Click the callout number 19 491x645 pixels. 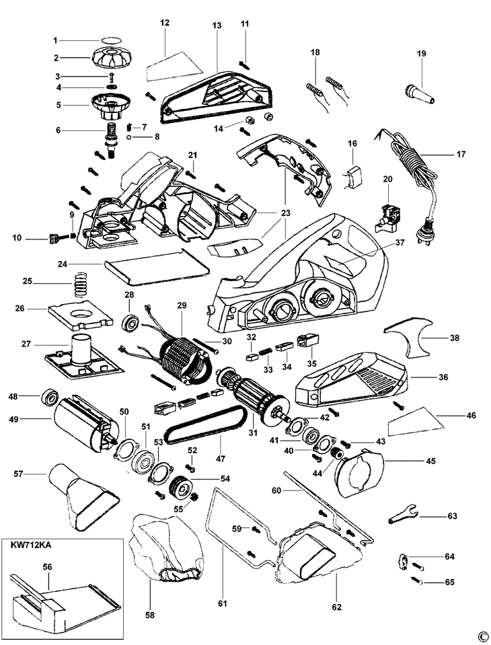421,54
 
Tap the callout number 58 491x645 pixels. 150,615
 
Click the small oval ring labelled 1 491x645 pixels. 110,40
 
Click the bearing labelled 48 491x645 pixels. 48,397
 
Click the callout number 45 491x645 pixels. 430,461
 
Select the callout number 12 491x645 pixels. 165,23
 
